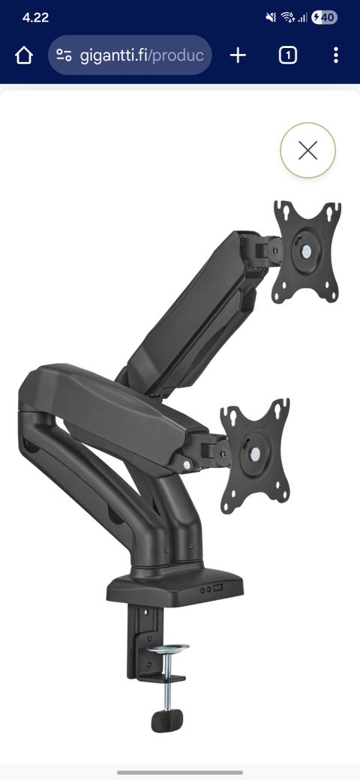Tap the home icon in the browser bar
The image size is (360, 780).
click(24, 55)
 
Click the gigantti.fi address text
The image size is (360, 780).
click(142, 55)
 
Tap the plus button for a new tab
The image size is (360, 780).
click(238, 55)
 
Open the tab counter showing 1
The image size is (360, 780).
click(288, 55)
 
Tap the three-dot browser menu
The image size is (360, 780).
click(336, 55)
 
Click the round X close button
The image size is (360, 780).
click(307, 150)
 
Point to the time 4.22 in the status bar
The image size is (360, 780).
click(35, 17)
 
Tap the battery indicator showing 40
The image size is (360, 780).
click(324, 18)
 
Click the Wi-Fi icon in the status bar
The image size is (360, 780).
click(288, 17)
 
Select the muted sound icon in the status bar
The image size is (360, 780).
click(271, 17)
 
